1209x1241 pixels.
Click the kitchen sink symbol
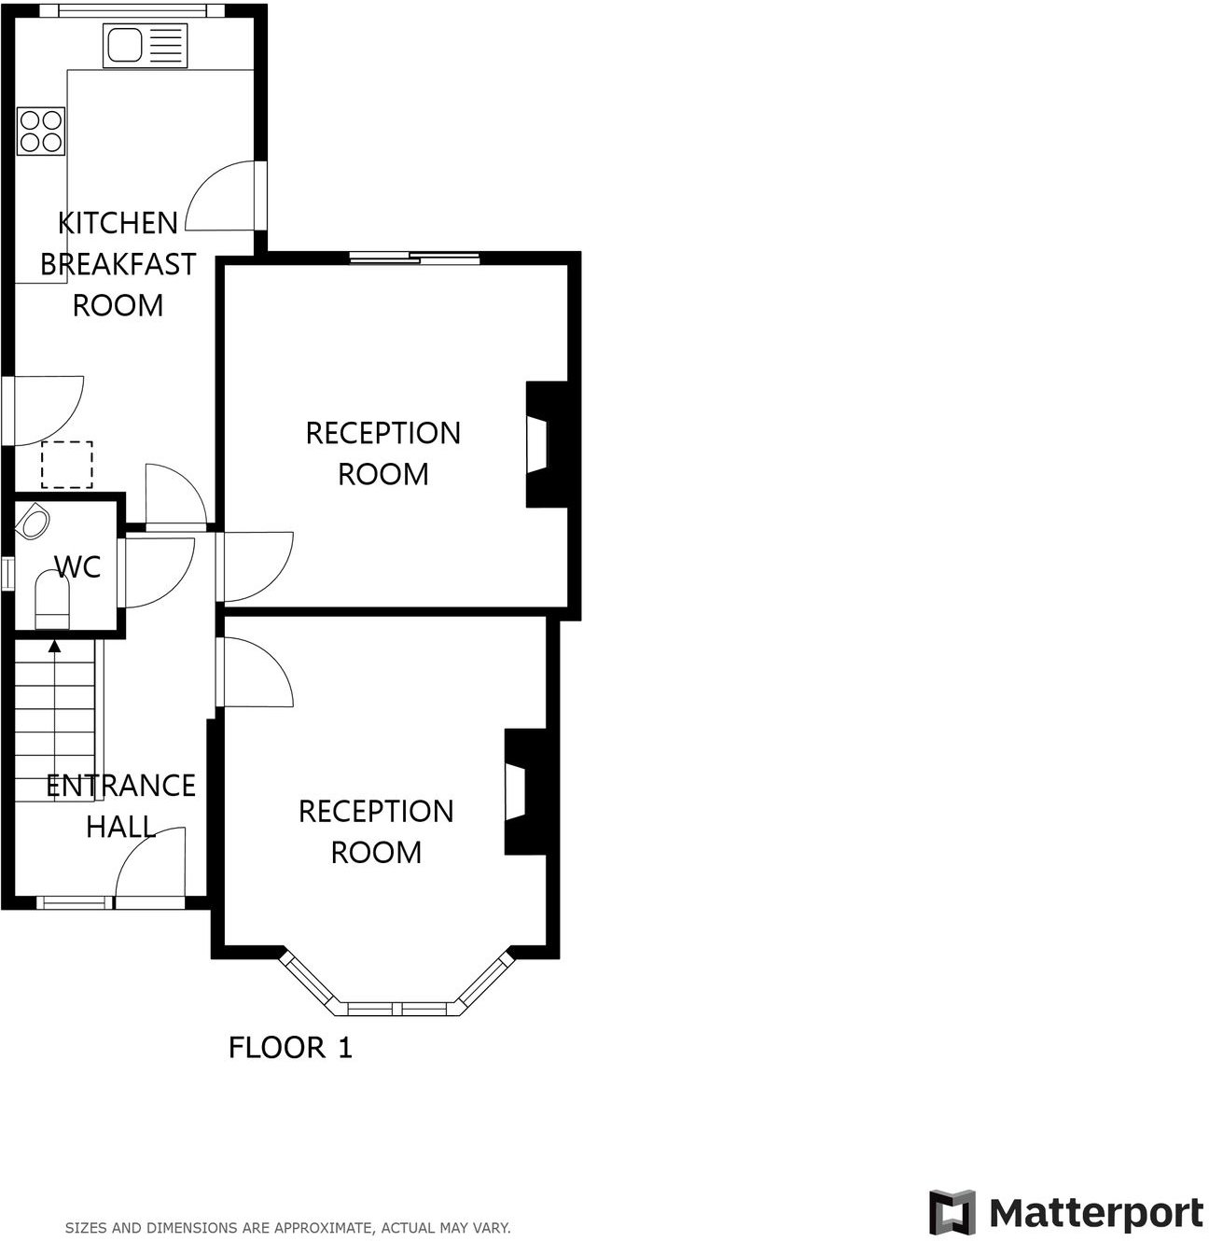click(x=145, y=45)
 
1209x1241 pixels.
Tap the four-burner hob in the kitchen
click(x=41, y=132)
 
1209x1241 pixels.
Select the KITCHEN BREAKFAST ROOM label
click(x=118, y=264)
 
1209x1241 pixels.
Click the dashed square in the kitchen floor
click(x=67, y=465)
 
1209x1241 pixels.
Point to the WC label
click(x=77, y=566)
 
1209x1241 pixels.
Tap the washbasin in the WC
click(x=35, y=522)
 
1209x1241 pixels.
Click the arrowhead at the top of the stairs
click(x=54, y=645)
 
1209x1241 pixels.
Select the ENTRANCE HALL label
click(x=120, y=806)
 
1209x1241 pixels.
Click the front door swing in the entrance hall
click(x=149, y=865)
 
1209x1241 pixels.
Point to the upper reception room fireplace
click(x=546, y=444)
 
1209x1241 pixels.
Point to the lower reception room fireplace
click(x=523, y=792)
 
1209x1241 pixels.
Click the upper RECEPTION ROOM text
click(x=382, y=453)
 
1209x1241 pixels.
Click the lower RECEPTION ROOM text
click(x=376, y=831)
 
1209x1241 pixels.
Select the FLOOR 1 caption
click(x=290, y=1048)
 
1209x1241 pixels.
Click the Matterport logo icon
click(x=952, y=1213)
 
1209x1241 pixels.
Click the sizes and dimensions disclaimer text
click(x=287, y=1228)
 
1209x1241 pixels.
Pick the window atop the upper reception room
click(x=415, y=258)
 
